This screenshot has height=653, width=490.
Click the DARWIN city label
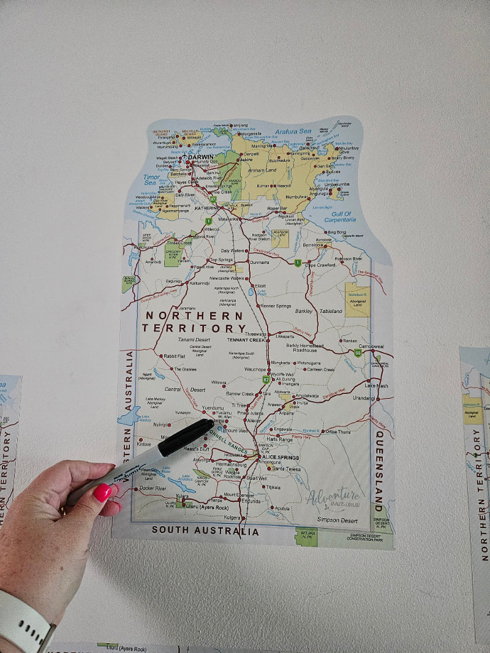click(201, 157)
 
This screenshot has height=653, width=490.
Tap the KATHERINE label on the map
click(206, 208)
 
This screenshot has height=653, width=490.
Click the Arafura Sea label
click(292, 131)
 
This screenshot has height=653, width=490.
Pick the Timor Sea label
click(151, 179)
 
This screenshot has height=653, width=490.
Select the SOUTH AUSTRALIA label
click(205, 530)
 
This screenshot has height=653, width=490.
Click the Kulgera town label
click(233, 518)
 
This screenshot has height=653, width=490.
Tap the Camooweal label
click(371, 346)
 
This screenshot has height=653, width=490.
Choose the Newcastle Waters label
click(228, 279)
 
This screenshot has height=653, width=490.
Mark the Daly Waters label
click(233, 251)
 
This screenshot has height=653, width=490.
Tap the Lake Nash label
click(376, 386)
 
